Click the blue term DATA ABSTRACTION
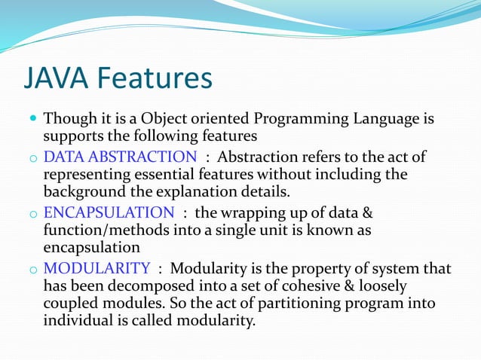pos(120,157)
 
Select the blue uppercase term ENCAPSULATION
pos(109,212)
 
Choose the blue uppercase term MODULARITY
pos(97,268)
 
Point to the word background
pos(80,192)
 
